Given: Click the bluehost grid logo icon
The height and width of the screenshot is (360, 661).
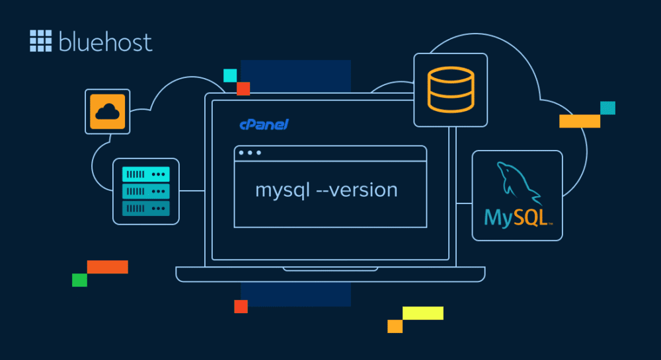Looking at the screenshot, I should pyautogui.click(x=40, y=41).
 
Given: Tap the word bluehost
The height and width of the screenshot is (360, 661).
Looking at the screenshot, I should pyautogui.click(x=105, y=42).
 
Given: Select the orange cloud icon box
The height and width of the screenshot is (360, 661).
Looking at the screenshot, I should pyautogui.click(x=107, y=112).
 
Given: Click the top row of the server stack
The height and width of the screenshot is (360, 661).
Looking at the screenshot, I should pyautogui.click(x=146, y=174).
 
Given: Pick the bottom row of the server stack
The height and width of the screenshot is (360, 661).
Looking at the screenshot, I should pyautogui.click(x=146, y=208).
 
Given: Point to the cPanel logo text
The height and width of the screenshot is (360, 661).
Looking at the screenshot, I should pyautogui.click(x=264, y=124).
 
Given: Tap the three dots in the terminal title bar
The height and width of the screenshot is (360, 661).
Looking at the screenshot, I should pyautogui.click(x=250, y=153).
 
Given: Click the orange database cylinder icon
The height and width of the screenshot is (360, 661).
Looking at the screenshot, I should pyautogui.click(x=450, y=90).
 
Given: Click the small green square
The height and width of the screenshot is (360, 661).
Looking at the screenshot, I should pyautogui.click(x=79, y=280).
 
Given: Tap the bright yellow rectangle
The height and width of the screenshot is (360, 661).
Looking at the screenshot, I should pyautogui.click(x=422, y=313).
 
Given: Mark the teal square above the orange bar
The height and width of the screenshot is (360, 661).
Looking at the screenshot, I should pyautogui.click(x=607, y=108).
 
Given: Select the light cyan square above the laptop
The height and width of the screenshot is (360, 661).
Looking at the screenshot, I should pyautogui.click(x=230, y=75).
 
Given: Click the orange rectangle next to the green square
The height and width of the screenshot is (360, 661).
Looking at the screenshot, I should pyautogui.click(x=107, y=267).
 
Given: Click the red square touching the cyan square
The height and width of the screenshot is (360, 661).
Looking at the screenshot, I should pyautogui.click(x=243, y=89).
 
